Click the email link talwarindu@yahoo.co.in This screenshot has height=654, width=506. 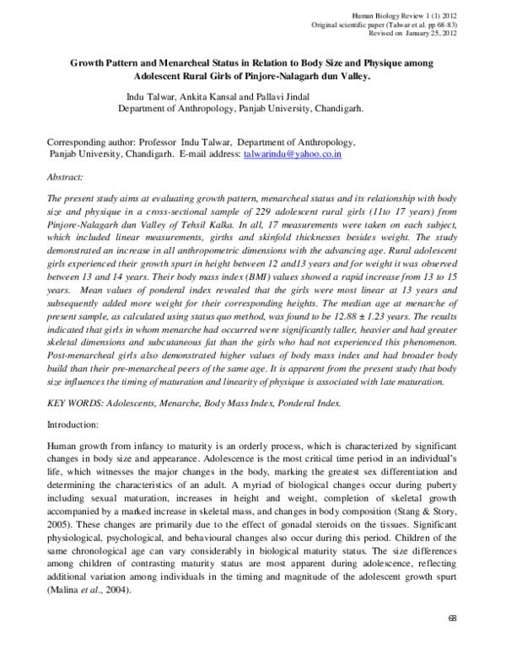click(293, 156)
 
